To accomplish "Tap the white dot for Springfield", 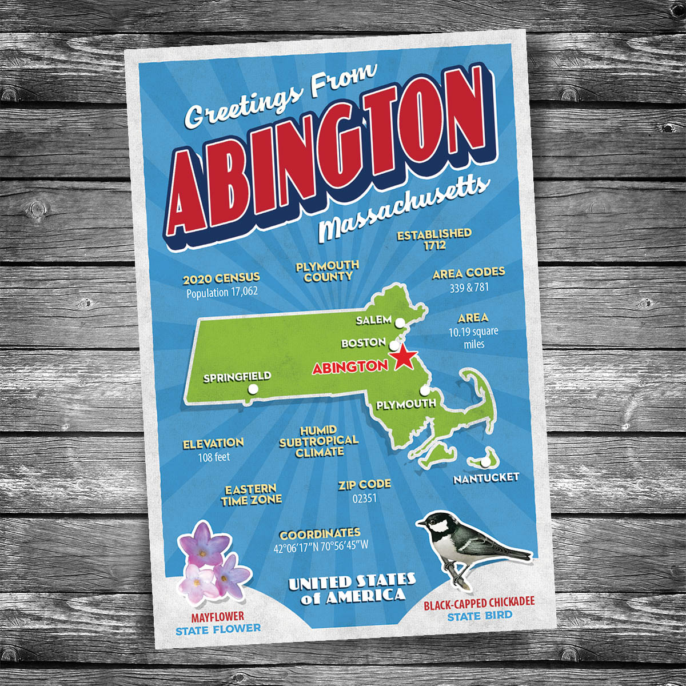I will click(x=253, y=389).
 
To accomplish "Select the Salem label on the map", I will click(x=373, y=320).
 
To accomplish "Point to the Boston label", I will click(x=363, y=343).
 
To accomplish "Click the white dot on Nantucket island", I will click(x=485, y=461).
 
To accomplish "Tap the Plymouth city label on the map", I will click(x=406, y=404).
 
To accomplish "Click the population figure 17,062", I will click(x=222, y=292).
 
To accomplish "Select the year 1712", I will click(x=435, y=246).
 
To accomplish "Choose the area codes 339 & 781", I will click(x=469, y=287).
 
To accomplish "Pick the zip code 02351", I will click(x=364, y=498).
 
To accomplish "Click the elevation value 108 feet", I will click(x=214, y=457).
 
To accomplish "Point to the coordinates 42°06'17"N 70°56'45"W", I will click(x=321, y=546).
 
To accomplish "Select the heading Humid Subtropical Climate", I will click(x=319, y=441).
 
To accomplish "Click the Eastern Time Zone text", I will click(x=252, y=494).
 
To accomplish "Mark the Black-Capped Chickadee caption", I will click(x=479, y=603).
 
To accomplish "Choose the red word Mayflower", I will click(x=218, y=616).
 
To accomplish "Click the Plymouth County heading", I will click(x=328, y=271).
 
